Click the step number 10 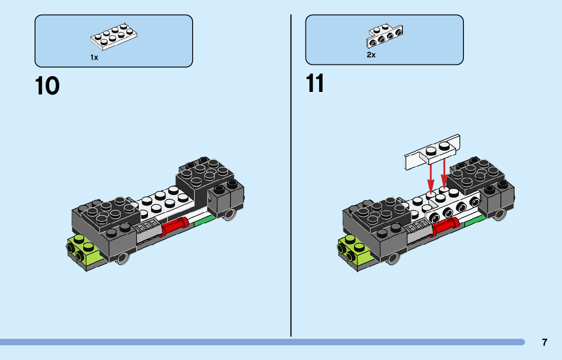(x=47, y=86)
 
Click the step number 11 (x=315, y=84)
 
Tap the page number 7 (x=545, y=342)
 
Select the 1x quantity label (x=94, y=58)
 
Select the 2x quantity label (x=371, y=55)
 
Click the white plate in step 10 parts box (x=114, y=37)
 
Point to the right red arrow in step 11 (x=445, y=173)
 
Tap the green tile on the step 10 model (x=204, y=219)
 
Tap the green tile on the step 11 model (x=474, y=219)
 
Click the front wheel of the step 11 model (x=393, y=258)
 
